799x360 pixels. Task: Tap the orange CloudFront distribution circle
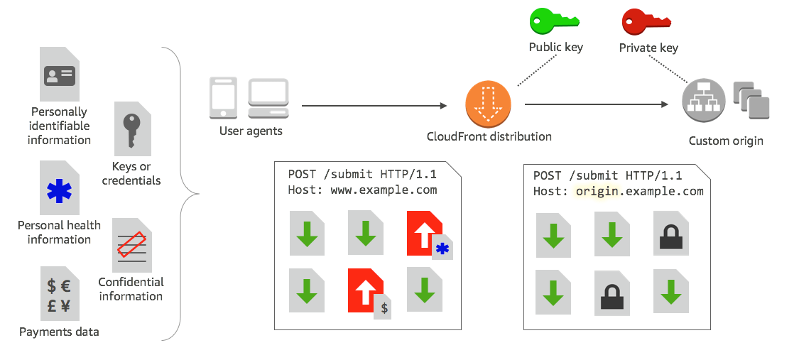point(488,104)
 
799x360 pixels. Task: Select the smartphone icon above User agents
point(223,98)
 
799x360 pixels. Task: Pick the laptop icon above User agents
point(268,98)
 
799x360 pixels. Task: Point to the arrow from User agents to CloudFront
point(374,106)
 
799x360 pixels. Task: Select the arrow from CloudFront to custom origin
point(597,104)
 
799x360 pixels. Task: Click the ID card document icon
point(60,75)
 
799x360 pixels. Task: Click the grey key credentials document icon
point(132,129)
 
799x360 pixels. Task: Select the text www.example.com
point(384,190)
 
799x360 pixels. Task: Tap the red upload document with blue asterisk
point(427,234)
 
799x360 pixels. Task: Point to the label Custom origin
point(726,141)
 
